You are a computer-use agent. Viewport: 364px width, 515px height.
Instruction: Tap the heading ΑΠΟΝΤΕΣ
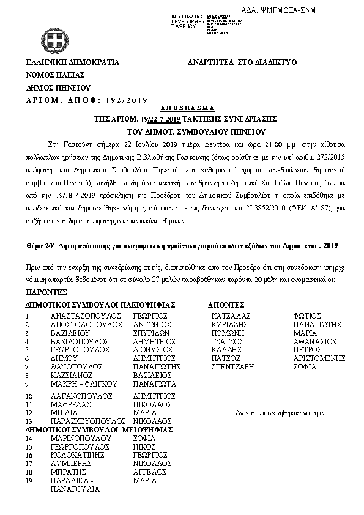[226, 304]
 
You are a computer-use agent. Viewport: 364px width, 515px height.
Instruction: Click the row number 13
[29, 421]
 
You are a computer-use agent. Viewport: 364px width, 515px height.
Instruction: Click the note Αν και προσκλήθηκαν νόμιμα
[278, 413]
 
